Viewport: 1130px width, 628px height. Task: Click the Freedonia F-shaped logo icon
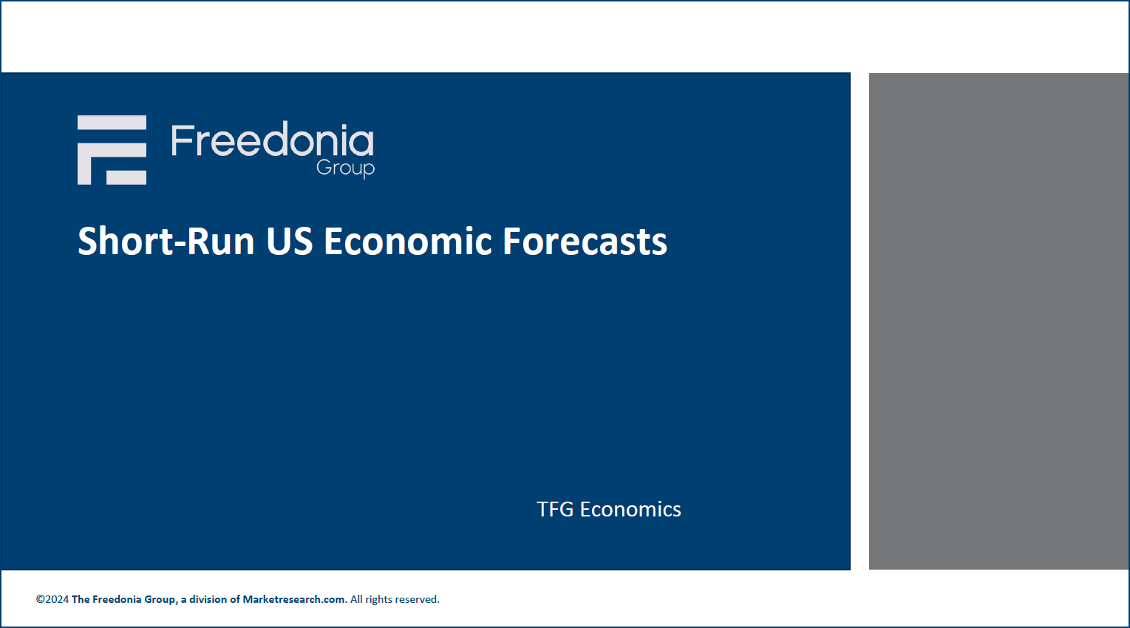[x=112, y=150]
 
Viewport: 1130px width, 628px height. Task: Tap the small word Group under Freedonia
[x=346, y=168]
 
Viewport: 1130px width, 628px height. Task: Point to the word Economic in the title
[x=408, y=241]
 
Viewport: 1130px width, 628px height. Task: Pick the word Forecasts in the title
[x=585, y=241]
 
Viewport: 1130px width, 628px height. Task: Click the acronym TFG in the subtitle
[x=555, y=510]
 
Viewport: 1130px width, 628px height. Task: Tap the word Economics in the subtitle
[x=630, y=510]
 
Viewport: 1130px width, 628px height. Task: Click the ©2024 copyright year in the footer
[x=52, y=599]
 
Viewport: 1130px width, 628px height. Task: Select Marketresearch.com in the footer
[x=293, y=599]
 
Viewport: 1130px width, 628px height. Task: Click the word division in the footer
[x=208, y=599]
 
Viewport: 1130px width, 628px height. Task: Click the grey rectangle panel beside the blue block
[x=998, y=321]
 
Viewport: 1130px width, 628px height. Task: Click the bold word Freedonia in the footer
[x=117, y=599]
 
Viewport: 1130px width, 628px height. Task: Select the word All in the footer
[x=356, y=599]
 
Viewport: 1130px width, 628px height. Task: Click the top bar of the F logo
[x=112, y=123]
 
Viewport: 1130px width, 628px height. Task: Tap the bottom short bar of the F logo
[x=126, y=177]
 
